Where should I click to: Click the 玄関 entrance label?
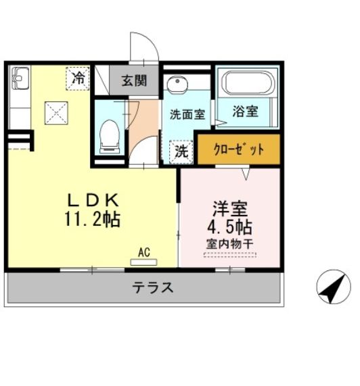(x=134, y=80)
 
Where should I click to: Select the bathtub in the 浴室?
(x=247, y=85)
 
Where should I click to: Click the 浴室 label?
(x=245, y=112)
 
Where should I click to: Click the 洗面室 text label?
(x=187, y=114)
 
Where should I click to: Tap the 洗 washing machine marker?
(x=181, y=151)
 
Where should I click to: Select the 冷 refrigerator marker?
(x=79, y=78)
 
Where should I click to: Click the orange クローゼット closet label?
(x=238, y=150)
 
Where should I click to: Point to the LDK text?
(x=93, y=200)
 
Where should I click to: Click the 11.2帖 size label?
(x=93, y=219)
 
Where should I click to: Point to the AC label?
(x=143, y=251)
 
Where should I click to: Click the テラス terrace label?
(x=153, y=287)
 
